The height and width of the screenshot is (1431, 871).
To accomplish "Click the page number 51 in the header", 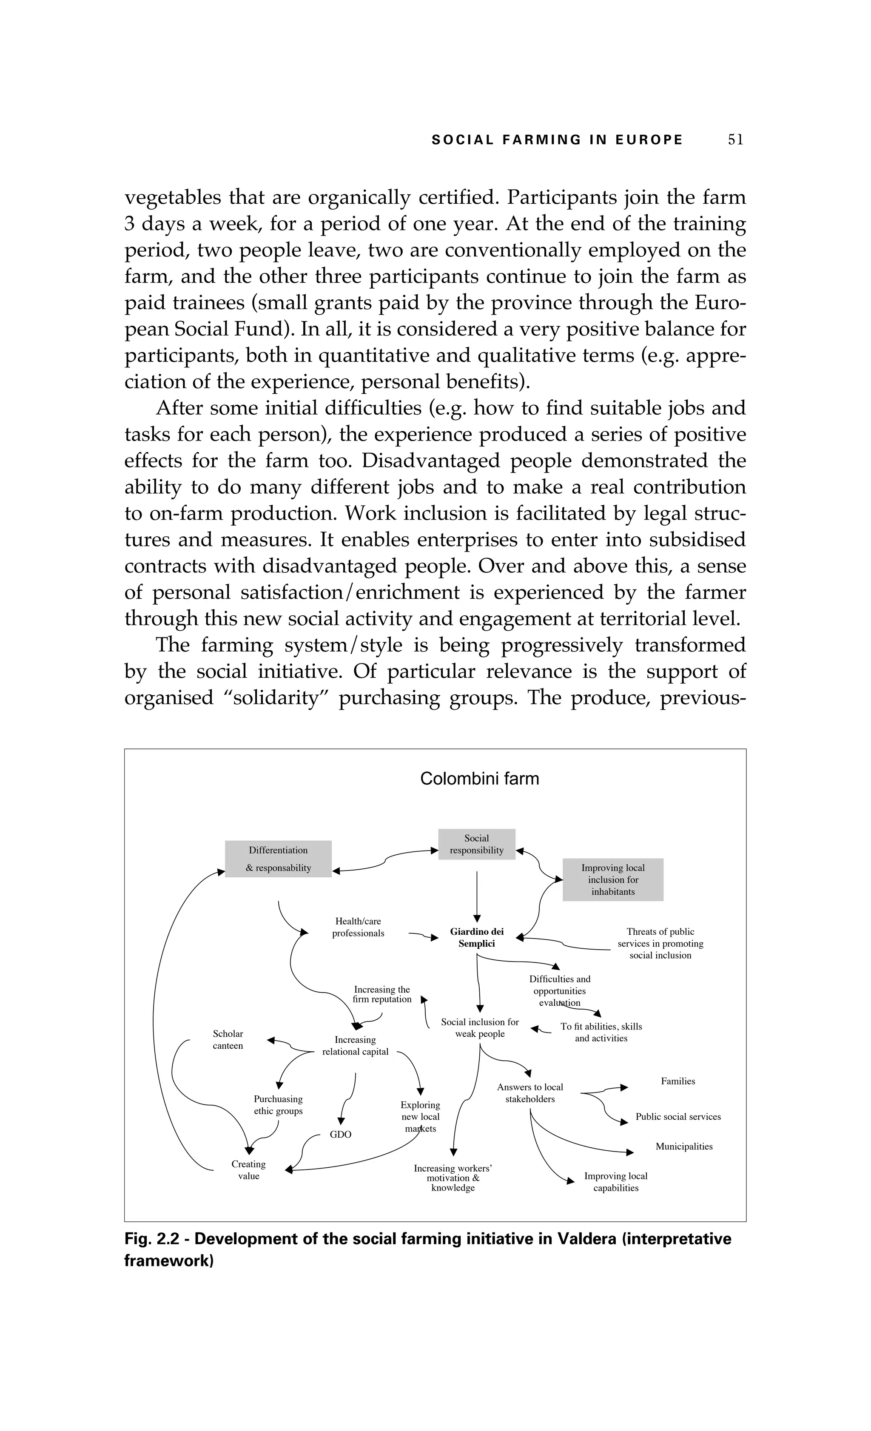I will [x=735, y=139].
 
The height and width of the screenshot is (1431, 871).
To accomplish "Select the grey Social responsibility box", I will [x=477, y=844].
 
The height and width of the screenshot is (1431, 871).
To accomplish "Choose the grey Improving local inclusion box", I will [x=612, y=879].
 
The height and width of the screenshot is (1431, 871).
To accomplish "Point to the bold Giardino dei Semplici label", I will [x=477, y=937].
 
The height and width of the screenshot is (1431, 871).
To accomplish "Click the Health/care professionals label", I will [x=358, y=927].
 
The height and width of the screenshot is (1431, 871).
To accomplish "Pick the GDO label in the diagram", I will [x=340, y=1134].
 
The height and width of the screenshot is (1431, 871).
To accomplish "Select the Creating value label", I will [x=248, y=1169].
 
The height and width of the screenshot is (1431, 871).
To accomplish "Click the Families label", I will [x=677, y=1081].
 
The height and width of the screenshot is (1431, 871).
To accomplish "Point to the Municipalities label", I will [x=683, y=1146].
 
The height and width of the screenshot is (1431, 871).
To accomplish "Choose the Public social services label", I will [x=677, y=1116].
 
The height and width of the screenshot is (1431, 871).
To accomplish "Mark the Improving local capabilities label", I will [x=615, y=1181].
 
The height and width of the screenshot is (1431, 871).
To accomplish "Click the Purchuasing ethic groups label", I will [x=278, y=1104].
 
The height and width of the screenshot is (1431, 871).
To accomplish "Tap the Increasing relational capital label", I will [x=356, y=1045].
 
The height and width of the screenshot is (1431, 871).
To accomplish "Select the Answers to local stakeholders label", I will [x=529, y=1092].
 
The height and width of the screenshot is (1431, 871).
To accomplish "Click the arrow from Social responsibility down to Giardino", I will [x=477, y=894].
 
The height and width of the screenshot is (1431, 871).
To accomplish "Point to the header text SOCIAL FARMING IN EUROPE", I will [x=557, y=140].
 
